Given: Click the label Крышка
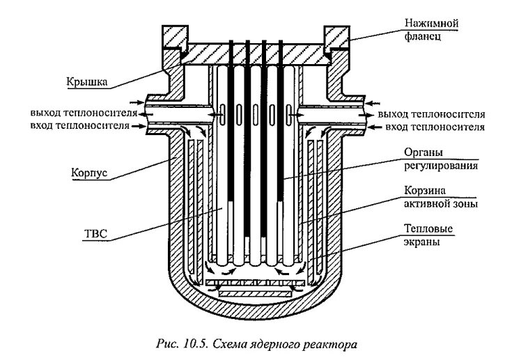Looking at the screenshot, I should pyautogui.click(x=87, y=80).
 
